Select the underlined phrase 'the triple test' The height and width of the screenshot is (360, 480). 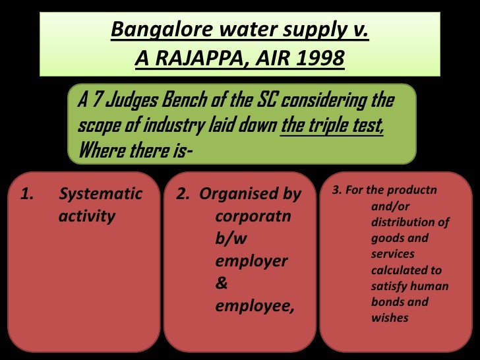coord(332,125)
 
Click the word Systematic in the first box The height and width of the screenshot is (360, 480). coord(100,194)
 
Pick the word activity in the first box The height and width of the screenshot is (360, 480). coord(87,216)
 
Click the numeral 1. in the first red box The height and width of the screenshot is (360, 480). coord(27,194)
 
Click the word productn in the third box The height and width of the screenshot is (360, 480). coord(414,191)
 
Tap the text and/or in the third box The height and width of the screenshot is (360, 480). coord(390,207)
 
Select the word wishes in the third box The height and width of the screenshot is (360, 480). coord(390,318)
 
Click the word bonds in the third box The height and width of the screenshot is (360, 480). coord(388,302)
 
